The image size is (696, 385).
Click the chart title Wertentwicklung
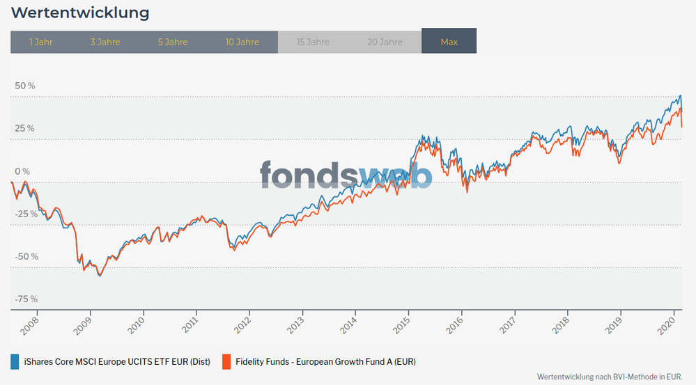pyautogui.click(x=81, y=13)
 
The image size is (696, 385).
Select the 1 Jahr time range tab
pyautogui.click(x=41, y=42)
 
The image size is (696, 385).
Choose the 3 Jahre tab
pyautogui.click(x=105, y=42)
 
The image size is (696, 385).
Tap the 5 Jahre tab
pyautogui.click(x=173, y=42)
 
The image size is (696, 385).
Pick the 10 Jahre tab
pyautogui.click(x=242, y=42)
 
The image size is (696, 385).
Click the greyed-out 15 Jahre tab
pyautogui.click(x=313, y=42)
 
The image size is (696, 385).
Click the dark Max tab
pyautogui.click(x=449, y=42)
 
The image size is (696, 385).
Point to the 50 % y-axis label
pyautogui.click(x=25, y=86)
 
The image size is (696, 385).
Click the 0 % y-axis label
pyautogui.click(x=23, y=171)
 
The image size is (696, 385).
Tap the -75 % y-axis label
pyautogui.click(x=26, y=299)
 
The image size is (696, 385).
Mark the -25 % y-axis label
pyautogui.click(x=26, y=214)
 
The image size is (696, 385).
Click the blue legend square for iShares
pyautogui.click(x=15, y=361)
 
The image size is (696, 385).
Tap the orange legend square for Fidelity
pyautogui.click(x=226, y=361)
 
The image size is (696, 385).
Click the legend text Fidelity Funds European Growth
pyautogui.click(x=325, y=362)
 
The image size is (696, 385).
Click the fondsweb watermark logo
pyautogui.click(x=346, y=175)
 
